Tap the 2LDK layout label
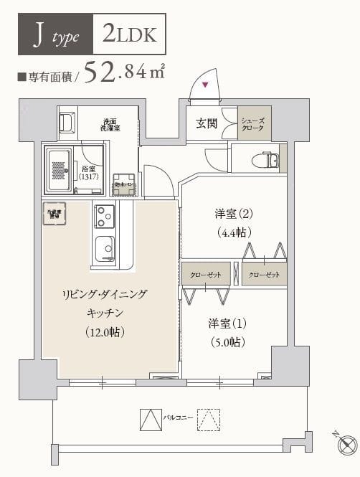pos(133,34)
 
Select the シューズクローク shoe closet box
pos(255,123)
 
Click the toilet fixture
pos(270,160)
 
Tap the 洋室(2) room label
pos(233,213)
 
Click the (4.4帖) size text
pos(233,232)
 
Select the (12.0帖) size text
pos(105,331)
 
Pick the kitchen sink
pos(105,248)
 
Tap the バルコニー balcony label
pos(178,417)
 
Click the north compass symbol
pos(346,443)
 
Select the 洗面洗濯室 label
pos(110,123)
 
